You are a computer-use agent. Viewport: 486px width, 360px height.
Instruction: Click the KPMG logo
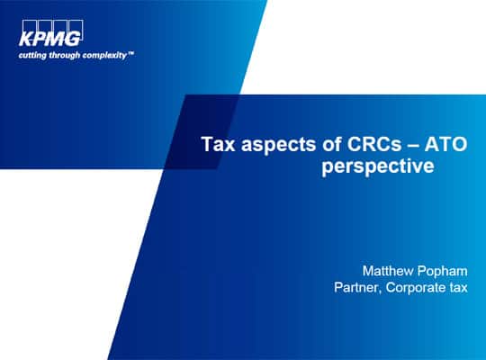click(52, 33)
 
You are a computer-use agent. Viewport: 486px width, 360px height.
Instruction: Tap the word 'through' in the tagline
click(65, 56)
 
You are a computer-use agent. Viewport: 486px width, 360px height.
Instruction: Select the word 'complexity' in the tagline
click(104, 56)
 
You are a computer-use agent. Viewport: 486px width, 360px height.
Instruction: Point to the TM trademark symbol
click(130, 53)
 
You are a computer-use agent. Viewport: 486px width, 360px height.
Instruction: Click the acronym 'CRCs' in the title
click(374, 144)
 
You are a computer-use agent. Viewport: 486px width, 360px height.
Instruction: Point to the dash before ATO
click(413, 145)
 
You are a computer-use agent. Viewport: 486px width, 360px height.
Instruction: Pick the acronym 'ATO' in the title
click(445, 144)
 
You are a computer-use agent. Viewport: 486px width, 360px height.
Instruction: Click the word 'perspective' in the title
click(378, 166)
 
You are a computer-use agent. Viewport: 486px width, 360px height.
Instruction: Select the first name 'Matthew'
click(388, 271)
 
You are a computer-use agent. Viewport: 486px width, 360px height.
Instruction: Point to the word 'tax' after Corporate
click(458, 287)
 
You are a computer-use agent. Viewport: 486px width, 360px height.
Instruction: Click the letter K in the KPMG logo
click(25, 39)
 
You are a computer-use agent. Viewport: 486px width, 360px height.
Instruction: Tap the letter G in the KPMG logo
click(73, 39)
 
